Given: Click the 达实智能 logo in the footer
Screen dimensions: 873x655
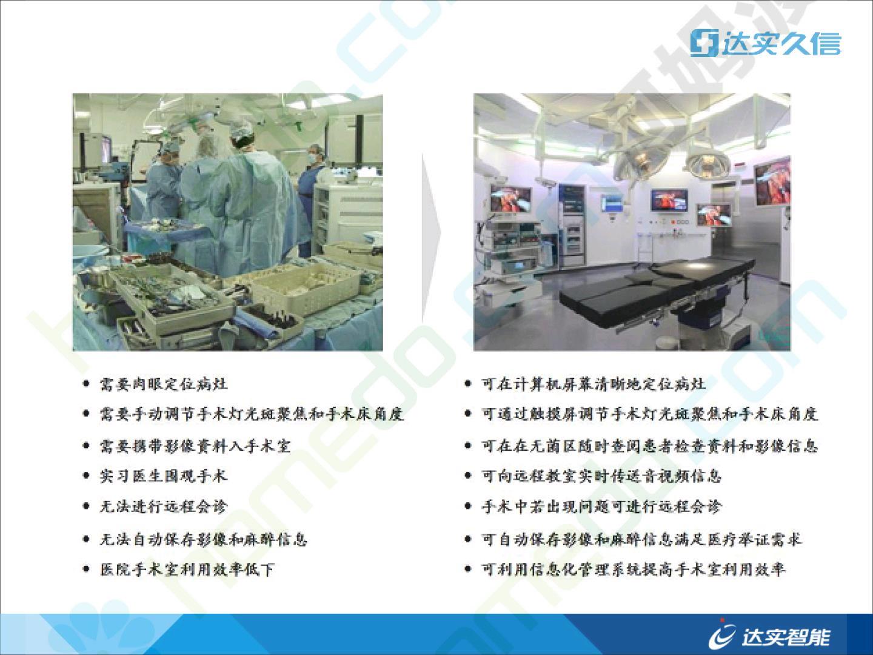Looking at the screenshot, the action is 769,636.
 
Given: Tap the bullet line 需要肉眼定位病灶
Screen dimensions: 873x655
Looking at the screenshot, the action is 164,384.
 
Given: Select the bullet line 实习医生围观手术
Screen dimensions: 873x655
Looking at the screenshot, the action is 164,475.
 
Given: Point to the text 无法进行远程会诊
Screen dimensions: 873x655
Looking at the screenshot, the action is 164,506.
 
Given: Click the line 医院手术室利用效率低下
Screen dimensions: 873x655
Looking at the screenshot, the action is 187,569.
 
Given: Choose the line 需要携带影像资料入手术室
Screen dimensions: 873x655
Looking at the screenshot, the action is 195,446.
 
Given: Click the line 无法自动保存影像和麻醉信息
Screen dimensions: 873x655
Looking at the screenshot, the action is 203,539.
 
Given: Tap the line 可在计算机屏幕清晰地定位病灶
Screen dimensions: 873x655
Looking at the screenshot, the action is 594,384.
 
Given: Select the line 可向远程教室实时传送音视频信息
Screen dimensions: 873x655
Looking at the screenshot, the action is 601,475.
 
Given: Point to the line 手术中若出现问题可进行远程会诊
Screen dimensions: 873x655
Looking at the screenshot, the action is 601,506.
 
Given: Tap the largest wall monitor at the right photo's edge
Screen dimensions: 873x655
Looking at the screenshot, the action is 772,181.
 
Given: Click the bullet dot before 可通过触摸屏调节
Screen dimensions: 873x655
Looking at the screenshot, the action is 467,414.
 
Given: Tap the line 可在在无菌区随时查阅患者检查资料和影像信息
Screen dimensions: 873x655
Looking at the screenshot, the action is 649,446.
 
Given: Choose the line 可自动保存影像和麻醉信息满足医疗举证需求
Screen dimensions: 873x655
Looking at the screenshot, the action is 641,539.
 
